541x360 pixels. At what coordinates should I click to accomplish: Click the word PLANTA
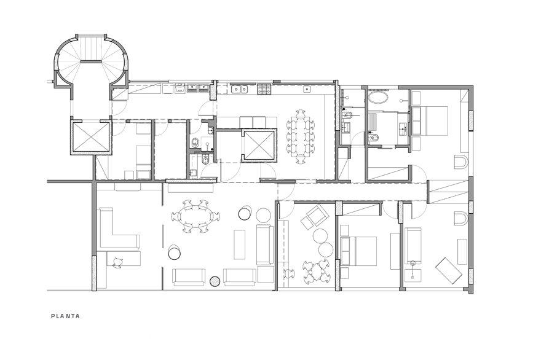(x=65, y=316)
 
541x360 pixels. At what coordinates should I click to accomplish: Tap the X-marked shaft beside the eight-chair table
(x=259, y=145)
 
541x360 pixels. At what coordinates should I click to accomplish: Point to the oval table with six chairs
(x=195, y=216)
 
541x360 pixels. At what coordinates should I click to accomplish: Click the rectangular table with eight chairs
(x=300, y=136)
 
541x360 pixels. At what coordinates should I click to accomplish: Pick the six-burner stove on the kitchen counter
(x=264, y=90)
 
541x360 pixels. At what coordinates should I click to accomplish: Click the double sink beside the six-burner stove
(x=240, y=89)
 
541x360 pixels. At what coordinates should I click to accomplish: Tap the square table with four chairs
(x=317, y=270)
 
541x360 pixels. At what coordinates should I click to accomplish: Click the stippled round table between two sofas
(x=215, y=281)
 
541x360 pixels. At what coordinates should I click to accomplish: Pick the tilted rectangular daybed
(x=449, y=270)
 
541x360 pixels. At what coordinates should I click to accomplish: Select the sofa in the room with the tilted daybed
(x=413, y=245)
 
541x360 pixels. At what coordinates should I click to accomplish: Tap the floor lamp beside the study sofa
(x=414, y=264)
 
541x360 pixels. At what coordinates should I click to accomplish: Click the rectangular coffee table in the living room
(x=240, y=245)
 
